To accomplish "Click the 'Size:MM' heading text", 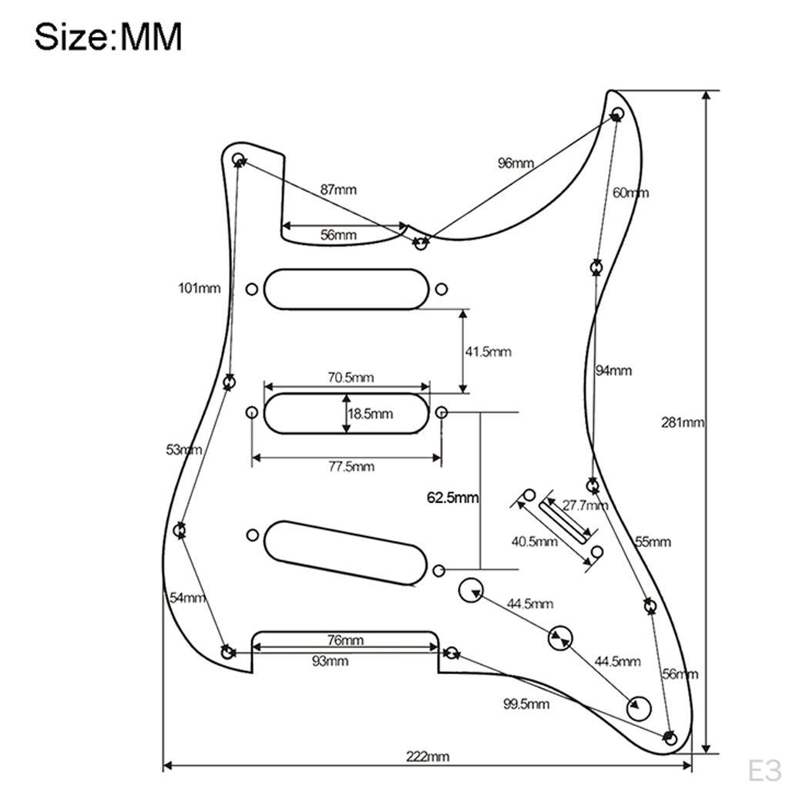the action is pos(108,37).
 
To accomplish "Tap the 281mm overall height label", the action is pos(683,423).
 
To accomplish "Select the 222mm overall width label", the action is pos(428,757).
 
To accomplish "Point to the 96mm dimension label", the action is pos(515,163).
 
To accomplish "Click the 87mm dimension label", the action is pos(338,190).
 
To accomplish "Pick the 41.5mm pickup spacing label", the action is pos(488,351).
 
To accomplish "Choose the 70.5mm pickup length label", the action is pos(351,378).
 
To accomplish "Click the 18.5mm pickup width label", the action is pos(371,414).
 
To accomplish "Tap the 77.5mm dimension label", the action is pos(351,466).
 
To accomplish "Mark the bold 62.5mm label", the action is pos(452,498).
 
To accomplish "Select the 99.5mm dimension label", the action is pos(525,704).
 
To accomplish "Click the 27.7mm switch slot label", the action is pos(585,505).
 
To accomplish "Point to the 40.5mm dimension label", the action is pos(535,542).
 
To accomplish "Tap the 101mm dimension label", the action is pos(200,288).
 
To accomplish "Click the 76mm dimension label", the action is pos(345,640).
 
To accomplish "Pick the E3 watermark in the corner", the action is pos(764,771).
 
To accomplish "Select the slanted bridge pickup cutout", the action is pos(345,553).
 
